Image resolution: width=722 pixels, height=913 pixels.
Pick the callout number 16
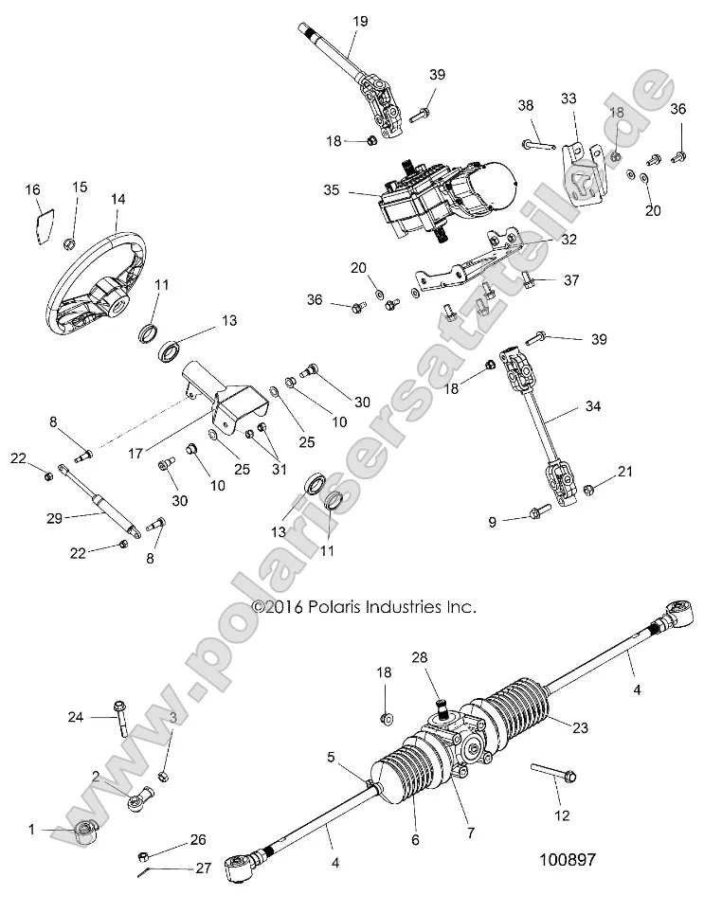33,190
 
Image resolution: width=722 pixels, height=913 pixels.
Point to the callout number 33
569,98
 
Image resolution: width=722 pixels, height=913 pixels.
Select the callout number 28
420,657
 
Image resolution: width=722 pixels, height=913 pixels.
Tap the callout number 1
31,830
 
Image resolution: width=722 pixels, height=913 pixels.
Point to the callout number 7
471,832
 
